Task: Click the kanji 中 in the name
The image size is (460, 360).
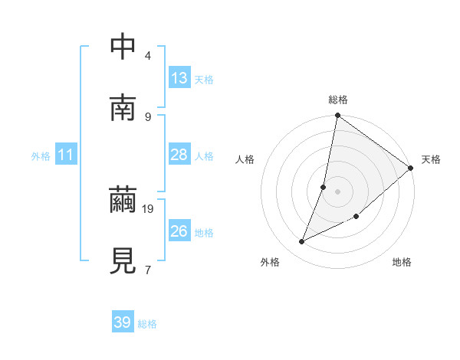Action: click(x=123, y=47)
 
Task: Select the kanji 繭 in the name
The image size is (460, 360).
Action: click(x=123, y=201)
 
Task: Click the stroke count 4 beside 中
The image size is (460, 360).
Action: click(x=148, y=56)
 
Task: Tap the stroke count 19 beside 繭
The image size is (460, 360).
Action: click(x=149, y=208)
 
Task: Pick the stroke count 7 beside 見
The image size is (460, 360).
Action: click(x=148, y=270)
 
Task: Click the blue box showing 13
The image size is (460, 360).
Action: click(x=179, y=78)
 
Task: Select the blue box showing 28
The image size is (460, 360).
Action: click(x=179, y=155)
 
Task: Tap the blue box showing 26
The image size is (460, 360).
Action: click(x=179, y=231)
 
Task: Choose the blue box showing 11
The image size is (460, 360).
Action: click(x=66, y=155)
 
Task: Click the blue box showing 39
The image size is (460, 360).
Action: click(x=123, y=322)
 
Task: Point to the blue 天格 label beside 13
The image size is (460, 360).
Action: click(x=204, y=80)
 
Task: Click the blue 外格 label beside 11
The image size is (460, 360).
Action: click(x=41, y=156)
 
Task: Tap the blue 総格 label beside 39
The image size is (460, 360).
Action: click(x=147, y=324)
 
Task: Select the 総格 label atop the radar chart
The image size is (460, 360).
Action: click(x=338, y=100)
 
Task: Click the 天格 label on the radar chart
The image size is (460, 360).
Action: click(x=431, y=159)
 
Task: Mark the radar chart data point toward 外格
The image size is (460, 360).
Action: click(x=302, y=242)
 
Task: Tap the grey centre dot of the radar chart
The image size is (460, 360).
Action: click(x=338, y=191)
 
